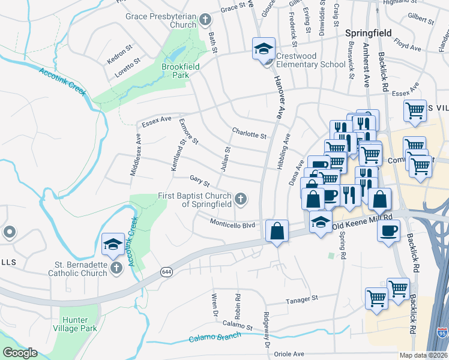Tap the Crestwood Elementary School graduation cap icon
tap(263, 49)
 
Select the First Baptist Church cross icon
tap(240, 199)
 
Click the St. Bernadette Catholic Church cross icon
tap(116, 268)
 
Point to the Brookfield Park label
tap(175, 71)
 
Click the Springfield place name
tap(368, 33)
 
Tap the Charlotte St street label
tap(249, 134)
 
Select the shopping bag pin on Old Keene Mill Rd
tap(277, 231)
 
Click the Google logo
tap(20, 353)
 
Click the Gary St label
tap(199, 180)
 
